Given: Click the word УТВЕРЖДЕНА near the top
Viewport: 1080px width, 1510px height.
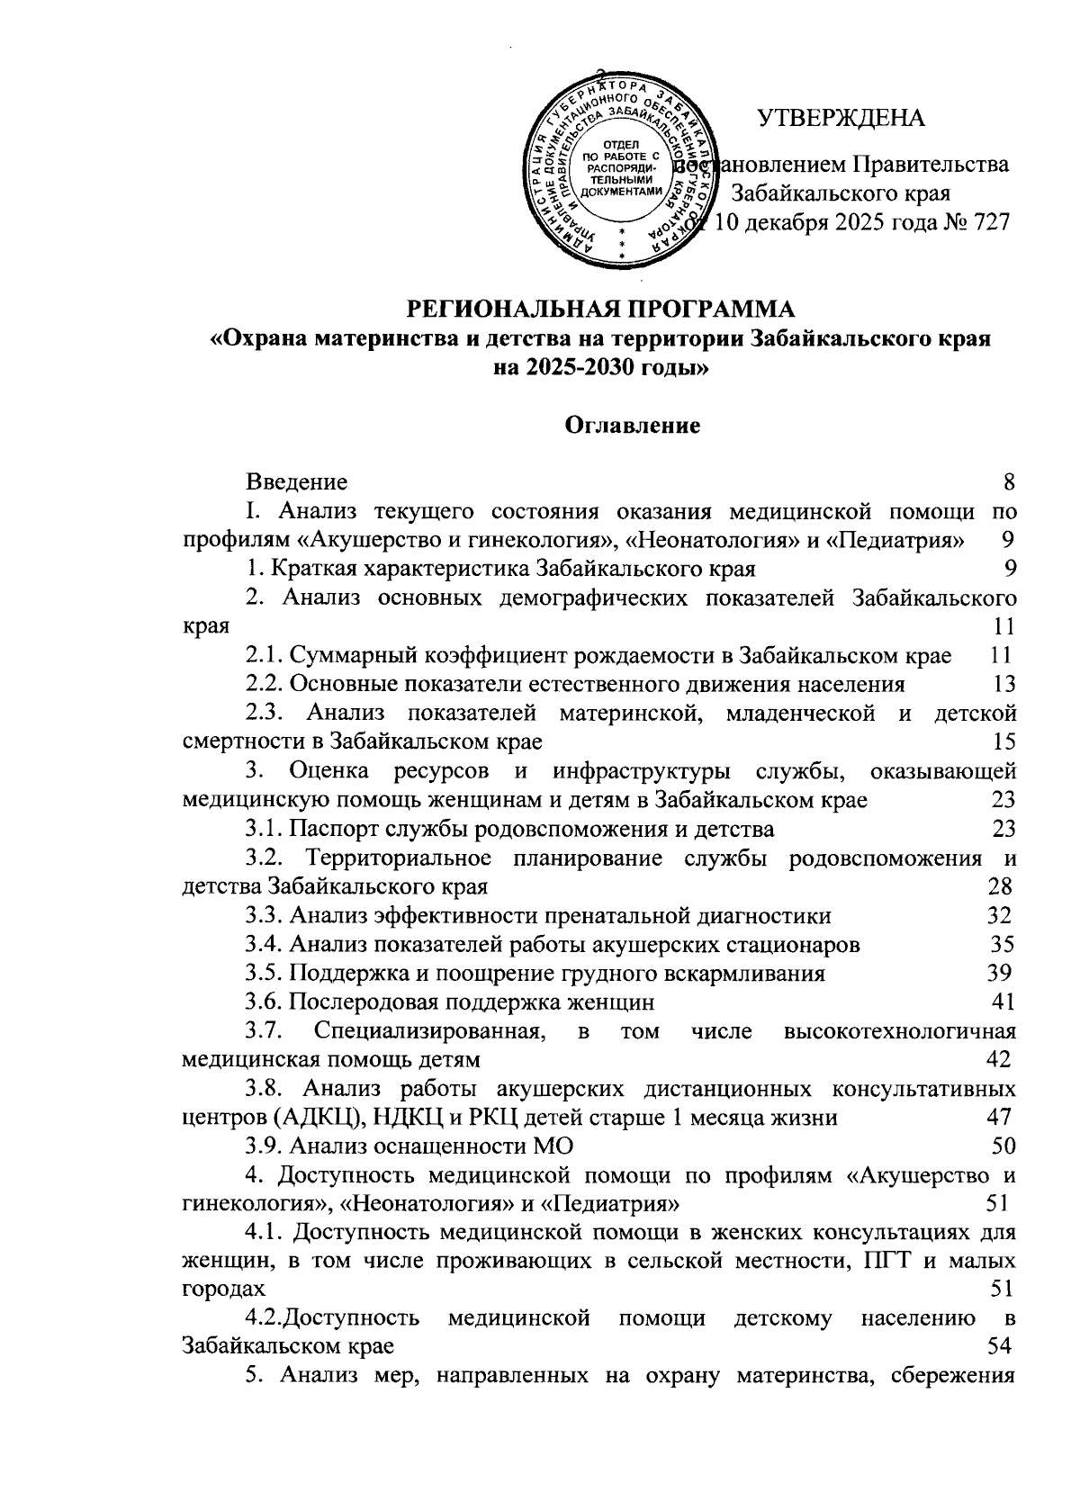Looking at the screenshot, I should coord(841,119).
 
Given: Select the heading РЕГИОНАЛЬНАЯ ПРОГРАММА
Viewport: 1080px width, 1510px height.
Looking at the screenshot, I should coord(602,310).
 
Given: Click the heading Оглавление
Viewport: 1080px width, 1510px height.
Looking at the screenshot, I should coord(633,426).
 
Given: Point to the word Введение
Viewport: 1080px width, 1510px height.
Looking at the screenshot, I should coord(297,482).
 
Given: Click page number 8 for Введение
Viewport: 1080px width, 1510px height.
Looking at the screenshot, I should coord(1009,482).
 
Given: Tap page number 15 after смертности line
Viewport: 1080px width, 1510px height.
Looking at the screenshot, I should coord(1004,742).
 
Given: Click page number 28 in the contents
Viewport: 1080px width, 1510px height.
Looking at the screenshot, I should coord(1000,886).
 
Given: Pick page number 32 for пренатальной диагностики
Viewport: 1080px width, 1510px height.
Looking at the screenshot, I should coord(1000,915).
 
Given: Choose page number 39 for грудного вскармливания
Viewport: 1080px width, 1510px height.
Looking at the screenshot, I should coord(1000,973).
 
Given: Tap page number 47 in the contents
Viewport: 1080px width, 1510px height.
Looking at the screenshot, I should coord(999,1118).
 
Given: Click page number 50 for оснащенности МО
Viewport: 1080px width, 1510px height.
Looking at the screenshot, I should coord(1003,1146).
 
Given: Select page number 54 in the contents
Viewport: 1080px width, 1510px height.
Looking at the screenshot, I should coord(1000,1347).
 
